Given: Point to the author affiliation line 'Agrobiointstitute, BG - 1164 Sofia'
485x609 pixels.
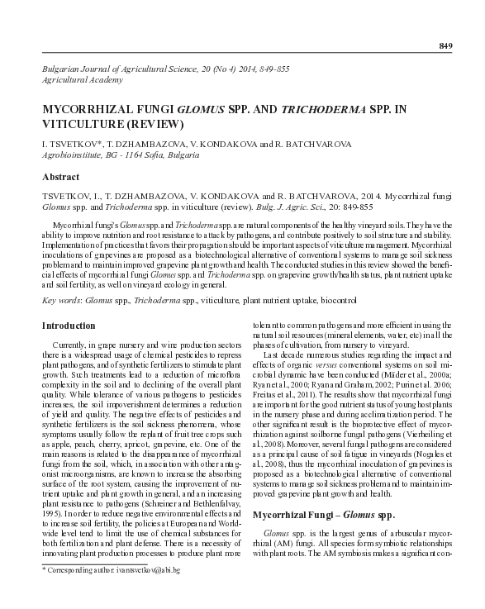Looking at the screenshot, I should [119, 155].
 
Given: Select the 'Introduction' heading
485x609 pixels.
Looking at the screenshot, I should [69, 326].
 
